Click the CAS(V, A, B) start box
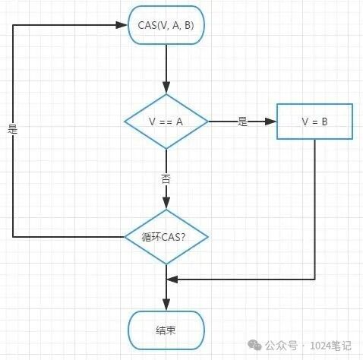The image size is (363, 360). click(x=166, y=25)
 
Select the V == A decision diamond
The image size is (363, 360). click(x=166, y=122)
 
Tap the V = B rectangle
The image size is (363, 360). click(x=314, y=122)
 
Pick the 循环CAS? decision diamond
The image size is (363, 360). click(x=166, y=237)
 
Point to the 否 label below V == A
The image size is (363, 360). click(x=166, y=178)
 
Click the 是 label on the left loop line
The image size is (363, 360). click(x=12, y=130)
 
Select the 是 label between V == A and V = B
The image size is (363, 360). click(x=242, y=122)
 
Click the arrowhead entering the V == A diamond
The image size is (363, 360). click(x=166, y=89)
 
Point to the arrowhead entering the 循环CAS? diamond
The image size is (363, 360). click(x=166, y=204)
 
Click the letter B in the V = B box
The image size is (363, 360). click(x=325, y=122)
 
